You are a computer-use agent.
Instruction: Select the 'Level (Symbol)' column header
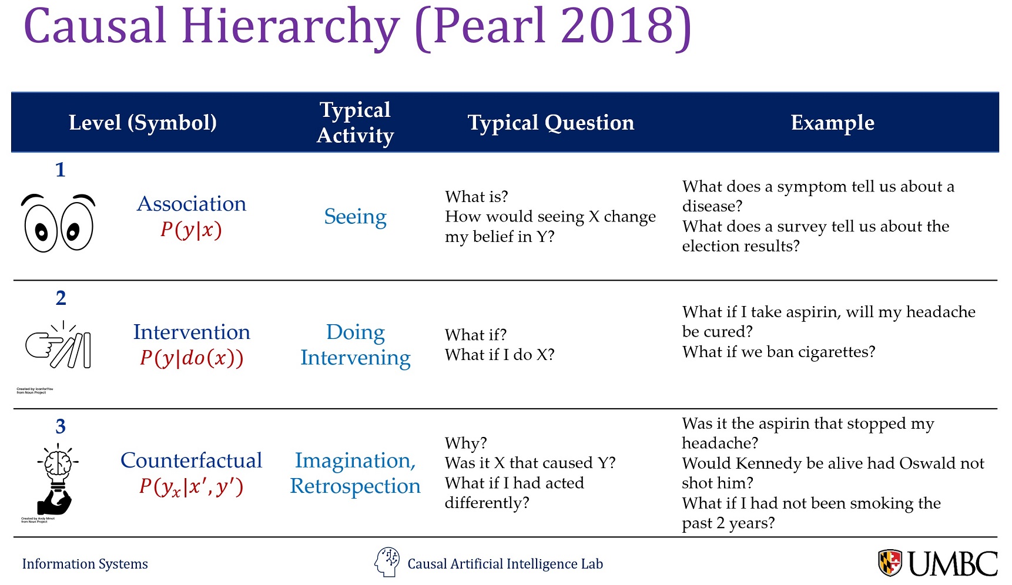coord(143,123)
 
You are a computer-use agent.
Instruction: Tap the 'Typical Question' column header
coord(551,123)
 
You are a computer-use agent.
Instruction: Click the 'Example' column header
coord(832,123)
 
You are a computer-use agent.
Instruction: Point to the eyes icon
coord(58,224)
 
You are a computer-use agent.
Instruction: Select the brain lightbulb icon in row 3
coord(56,479)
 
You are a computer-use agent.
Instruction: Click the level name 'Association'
coord(192,204)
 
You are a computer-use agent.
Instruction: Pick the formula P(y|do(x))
coord(192,358)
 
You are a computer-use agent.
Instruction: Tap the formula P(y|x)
coord(192,230)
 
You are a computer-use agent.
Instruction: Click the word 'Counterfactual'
coord(192,460)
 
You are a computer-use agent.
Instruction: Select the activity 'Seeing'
coord(356,217)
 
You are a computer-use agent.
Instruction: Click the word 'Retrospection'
coord(356,486)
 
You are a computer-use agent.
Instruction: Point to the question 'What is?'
coord(477,197)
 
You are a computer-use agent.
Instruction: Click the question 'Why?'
coord(466,443)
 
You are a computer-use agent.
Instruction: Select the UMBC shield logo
coord(890,563)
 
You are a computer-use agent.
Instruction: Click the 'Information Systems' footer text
coord(85,564)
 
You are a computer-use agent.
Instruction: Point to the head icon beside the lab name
coord(387,562)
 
